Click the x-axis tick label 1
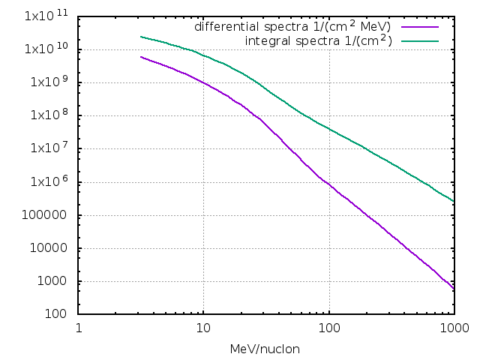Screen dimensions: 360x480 point(79,328)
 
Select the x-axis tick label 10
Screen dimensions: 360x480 point(203,328)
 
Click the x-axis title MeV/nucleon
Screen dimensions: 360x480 point(266,349)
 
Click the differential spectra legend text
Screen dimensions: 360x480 point(292,26)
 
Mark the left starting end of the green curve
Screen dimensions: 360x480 point(140,37)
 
